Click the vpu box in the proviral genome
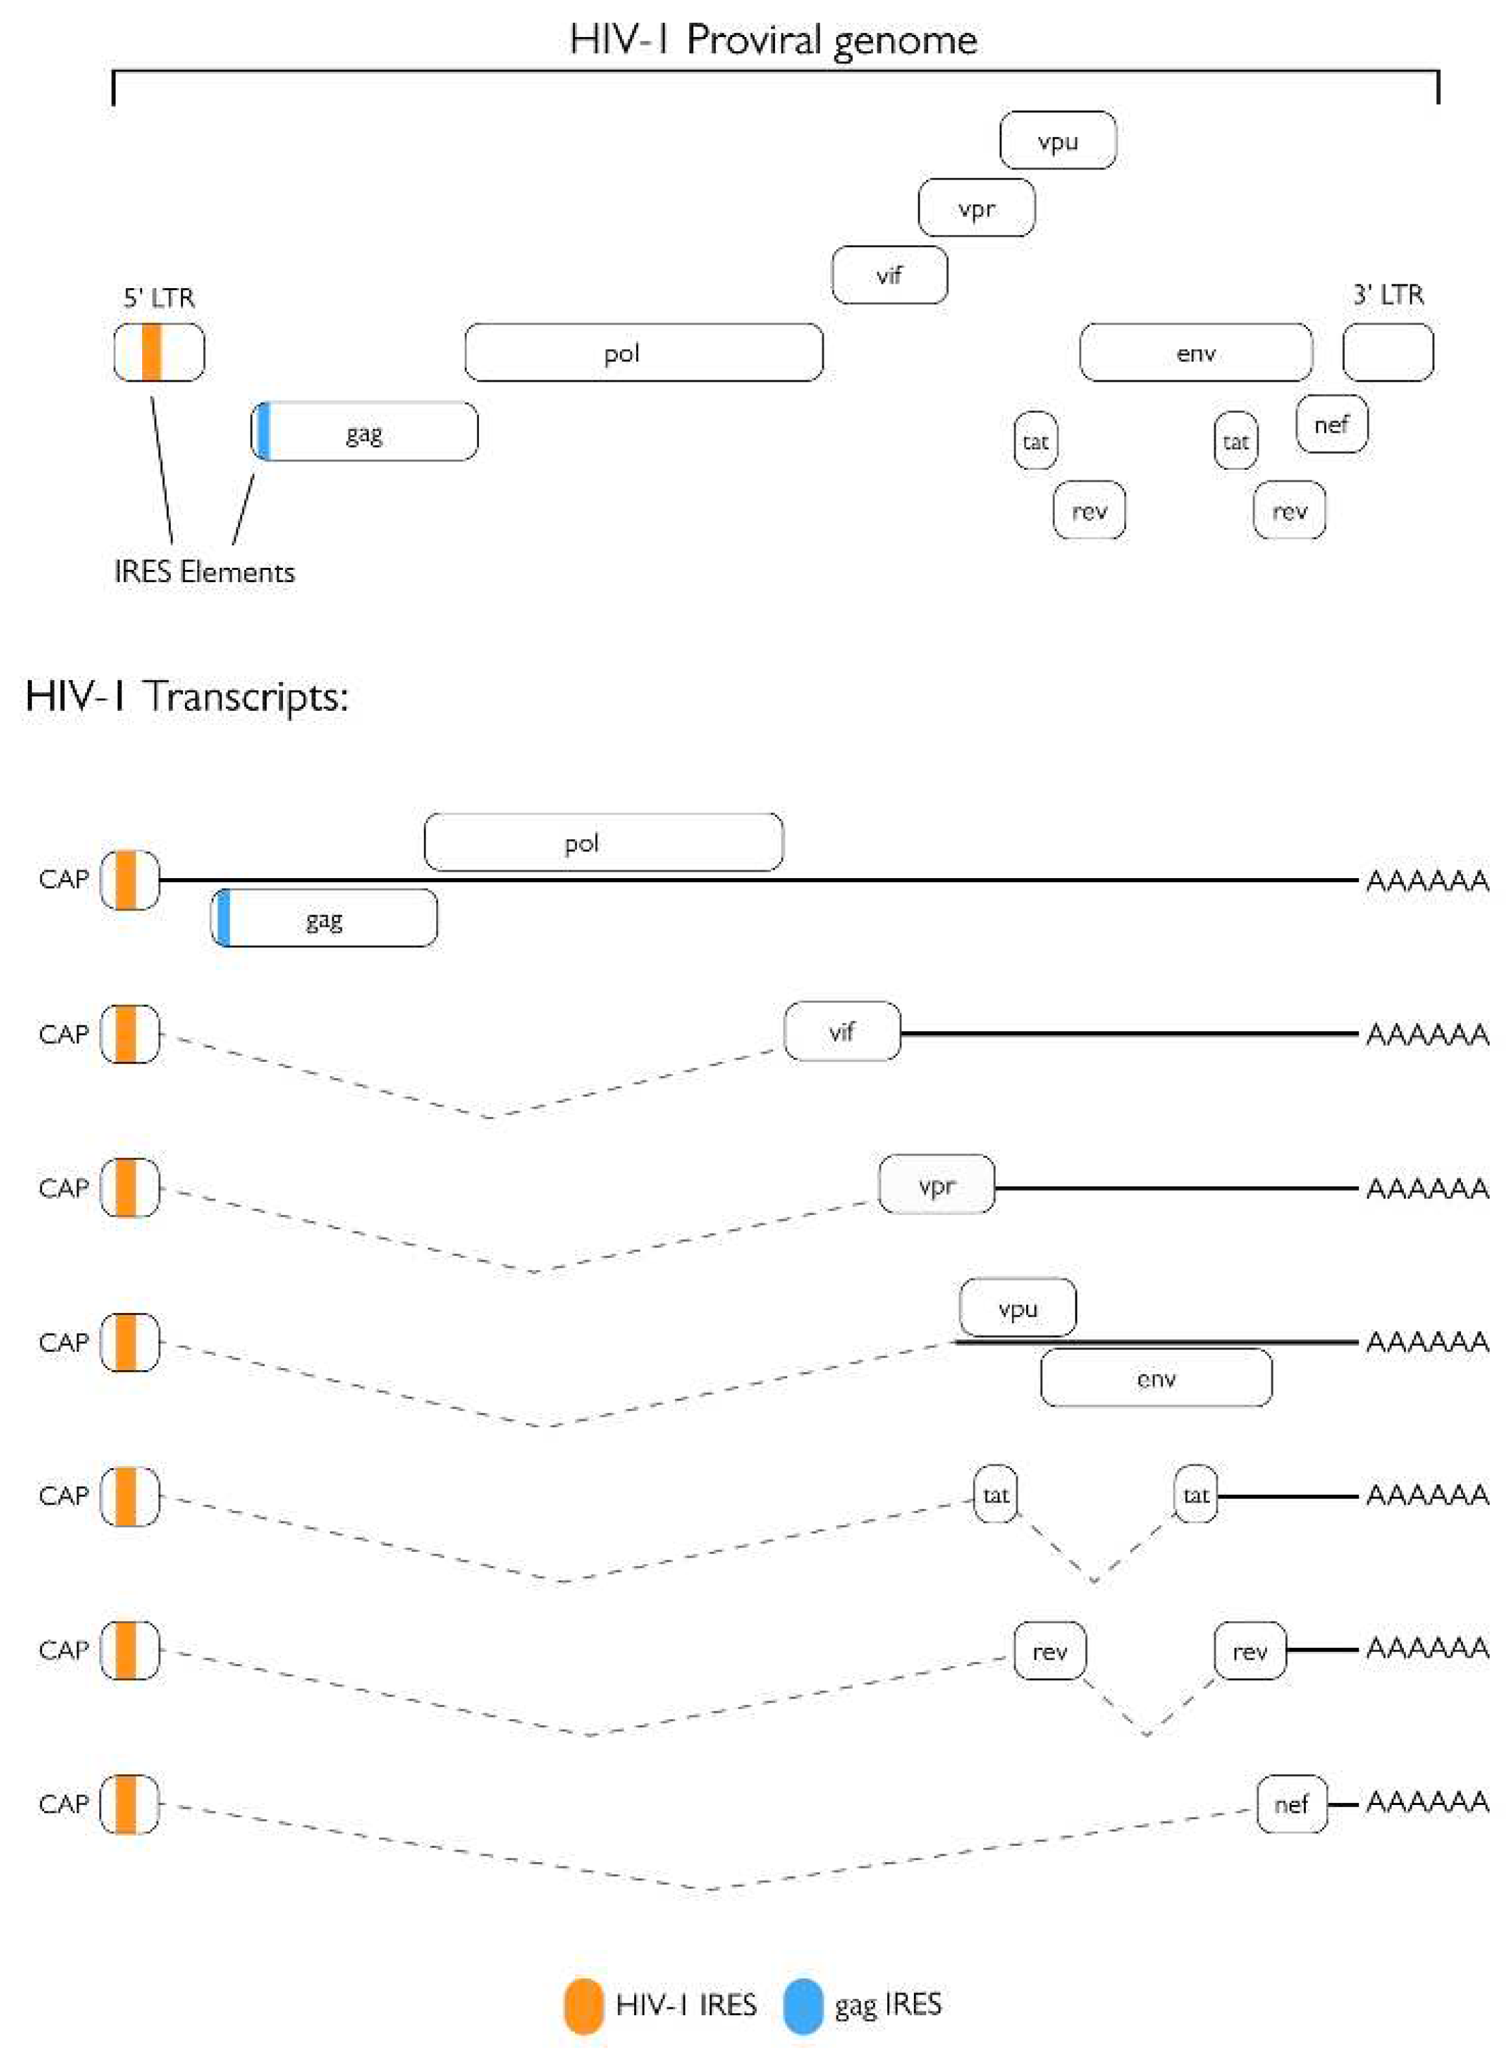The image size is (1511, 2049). pyautogui.click(x=1057, y=141)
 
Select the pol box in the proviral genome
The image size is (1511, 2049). pyautogui.click(x=643, y=353)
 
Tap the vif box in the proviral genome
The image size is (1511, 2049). pyautogui.click(x=889, y=275)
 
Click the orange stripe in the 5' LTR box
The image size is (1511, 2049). pyautogui.click(x=152, y=352)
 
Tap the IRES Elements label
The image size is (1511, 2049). pyautogui.click(x=204, y=572)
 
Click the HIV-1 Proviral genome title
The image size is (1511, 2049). pyautogui.click(x=773, y=40)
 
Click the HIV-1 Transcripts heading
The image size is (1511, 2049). pyautogui.click(x=186, y=696)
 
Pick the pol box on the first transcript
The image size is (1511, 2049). pyautogui.click(x=603, y=842)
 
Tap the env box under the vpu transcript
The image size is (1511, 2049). pyautogui.click(x=1155, y=1378)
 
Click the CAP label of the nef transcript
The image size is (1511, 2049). pyautogui.click(x=63, y=1804)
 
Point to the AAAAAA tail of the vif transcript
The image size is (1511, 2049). pyautogui.click(x=1426, y=1035)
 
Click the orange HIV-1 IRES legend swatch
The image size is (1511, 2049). pyautogui.click(x=584, y=2004)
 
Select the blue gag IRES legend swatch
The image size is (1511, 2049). pyautogui.click(x=803, y=2004)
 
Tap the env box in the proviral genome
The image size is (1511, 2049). pyautogui.click(x=1196, y=353)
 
